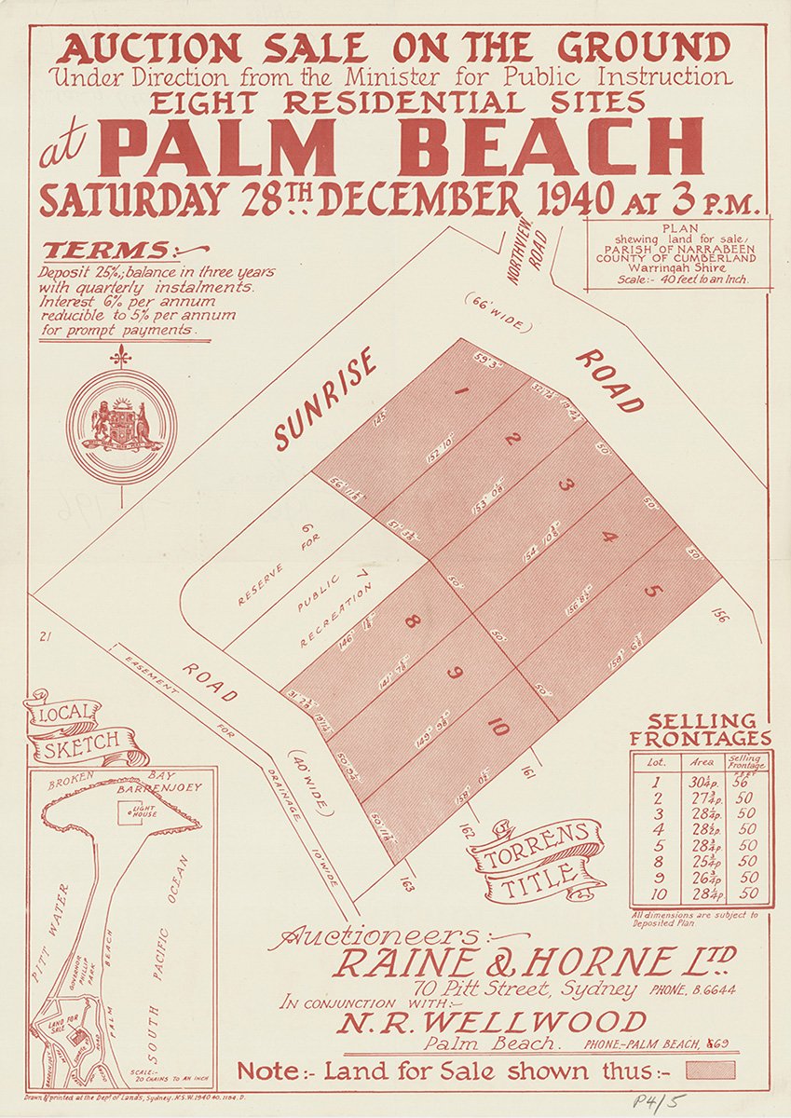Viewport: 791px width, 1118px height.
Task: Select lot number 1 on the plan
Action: [460, 391]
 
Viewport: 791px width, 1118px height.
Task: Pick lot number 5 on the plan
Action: [651, 591]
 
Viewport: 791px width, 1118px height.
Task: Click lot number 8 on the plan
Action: [411, 622]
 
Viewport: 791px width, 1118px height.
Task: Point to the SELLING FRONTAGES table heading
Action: [702, 729]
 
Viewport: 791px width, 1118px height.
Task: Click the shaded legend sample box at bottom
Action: [710, 1070]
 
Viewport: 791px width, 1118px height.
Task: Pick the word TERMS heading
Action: [107, 252]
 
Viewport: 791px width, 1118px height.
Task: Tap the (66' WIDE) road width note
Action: [497, 313]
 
